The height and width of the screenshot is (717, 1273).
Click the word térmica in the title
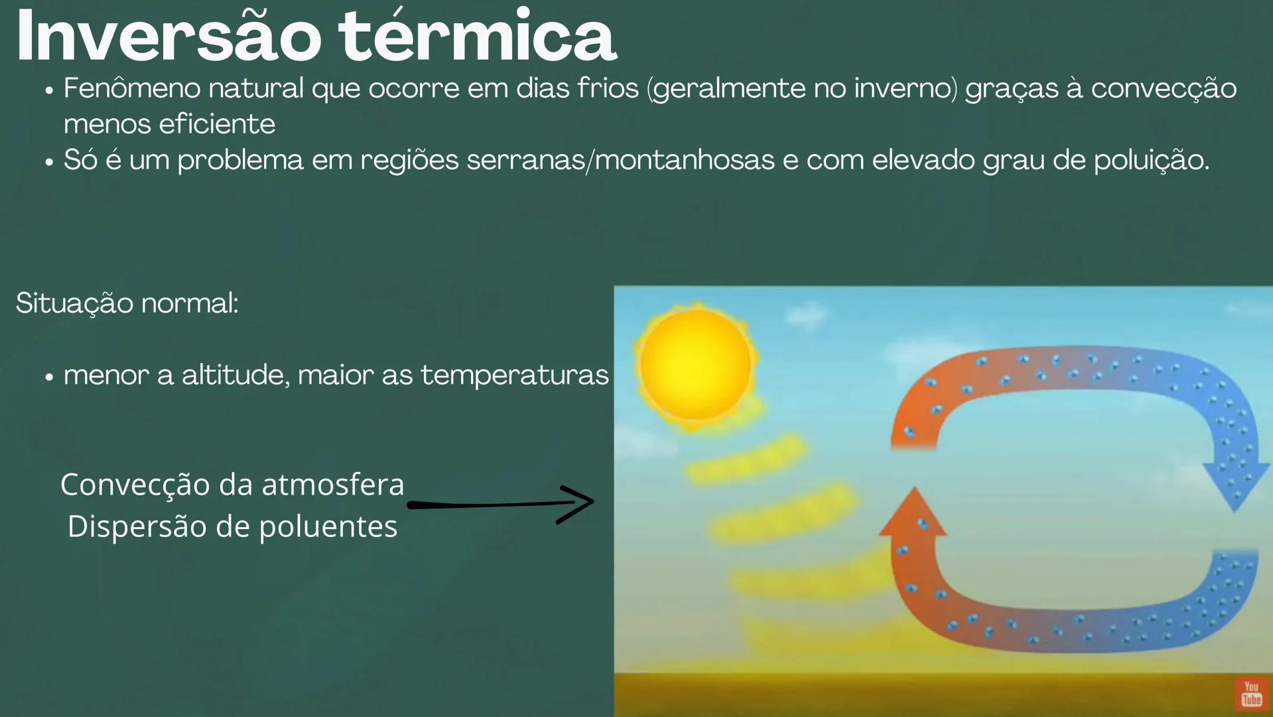tap(478, 37)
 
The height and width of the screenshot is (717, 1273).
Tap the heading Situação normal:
tap(127, 303)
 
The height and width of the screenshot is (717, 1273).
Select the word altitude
tap(235, 375)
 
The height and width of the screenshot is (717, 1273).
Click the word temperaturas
tap(514, 375)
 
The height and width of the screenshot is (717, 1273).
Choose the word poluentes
tap(328, 526)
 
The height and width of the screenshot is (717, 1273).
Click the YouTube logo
tap(1251, 694)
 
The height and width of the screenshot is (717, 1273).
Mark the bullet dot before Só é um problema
tap(49, 162)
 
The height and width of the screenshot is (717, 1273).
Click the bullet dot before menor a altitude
tap(49, 377)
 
